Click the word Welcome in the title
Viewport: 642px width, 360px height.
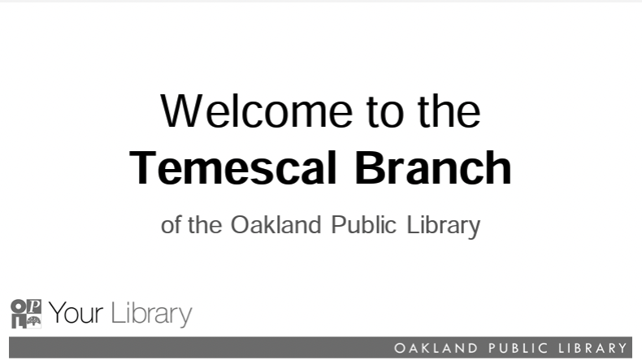point(256,111)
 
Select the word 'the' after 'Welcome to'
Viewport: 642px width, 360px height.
point(449,111)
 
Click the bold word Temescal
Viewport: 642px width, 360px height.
point(233,168)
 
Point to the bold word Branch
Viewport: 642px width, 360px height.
point(433,168)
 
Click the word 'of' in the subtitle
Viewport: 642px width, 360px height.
point(171,225)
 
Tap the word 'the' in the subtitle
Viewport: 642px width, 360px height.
point(205,225)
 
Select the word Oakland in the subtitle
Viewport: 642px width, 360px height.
point(276,225)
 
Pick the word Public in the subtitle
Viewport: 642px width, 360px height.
point(364,225)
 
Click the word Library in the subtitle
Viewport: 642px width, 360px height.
point(444,227)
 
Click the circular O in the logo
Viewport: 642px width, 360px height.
point(18,306)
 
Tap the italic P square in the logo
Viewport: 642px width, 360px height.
point(34,306)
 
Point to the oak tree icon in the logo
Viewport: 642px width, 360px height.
point(34,321)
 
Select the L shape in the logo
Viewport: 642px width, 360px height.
point(19,322)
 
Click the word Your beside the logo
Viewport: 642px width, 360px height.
point(76,313)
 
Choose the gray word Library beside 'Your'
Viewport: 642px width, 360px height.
point(151,314)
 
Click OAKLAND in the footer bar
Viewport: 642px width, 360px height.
point(436,348)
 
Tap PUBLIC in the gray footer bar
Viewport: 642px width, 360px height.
point(518,348)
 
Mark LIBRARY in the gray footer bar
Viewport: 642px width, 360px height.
point(593,348)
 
